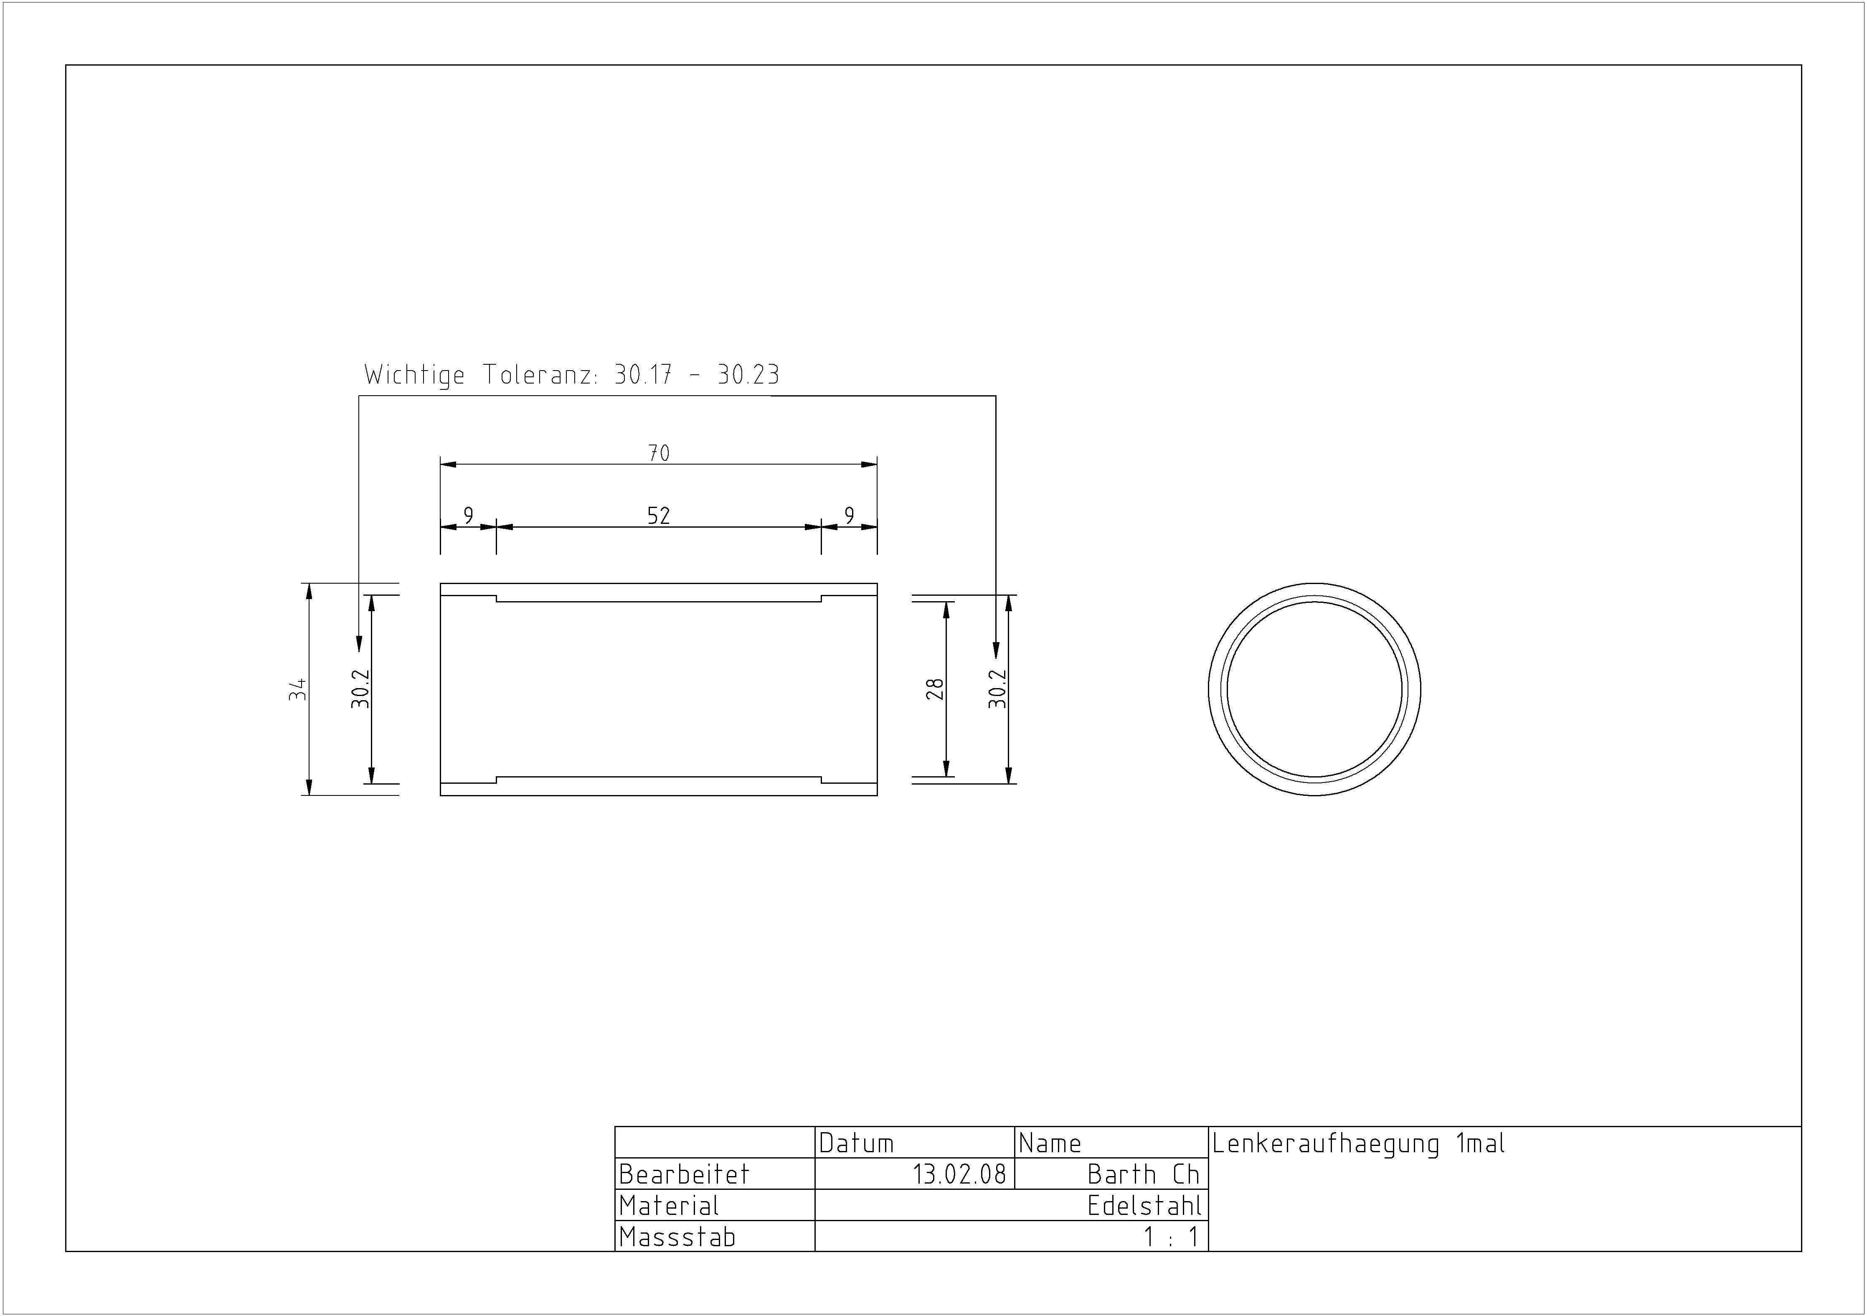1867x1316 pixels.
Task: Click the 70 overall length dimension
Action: (659, 453)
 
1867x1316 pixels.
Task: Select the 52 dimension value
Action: (659, 516)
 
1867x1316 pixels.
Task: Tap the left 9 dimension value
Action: (468, 516)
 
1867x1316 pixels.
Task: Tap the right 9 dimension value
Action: (850, 516)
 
